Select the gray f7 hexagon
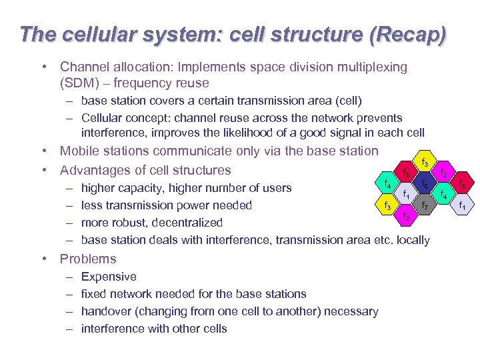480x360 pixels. click(424, 206)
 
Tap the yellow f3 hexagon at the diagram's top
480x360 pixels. click(425, 163)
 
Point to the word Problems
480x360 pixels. click(88, 259)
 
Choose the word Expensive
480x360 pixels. click(109, 277)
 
